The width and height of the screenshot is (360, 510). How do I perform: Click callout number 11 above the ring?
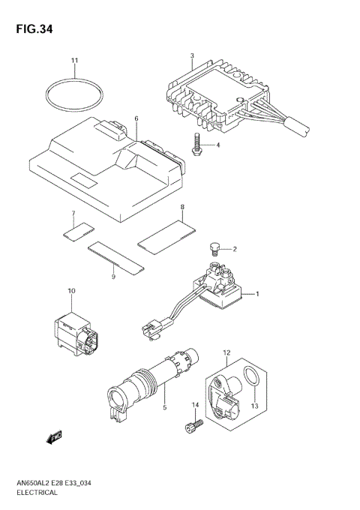coord(74,60)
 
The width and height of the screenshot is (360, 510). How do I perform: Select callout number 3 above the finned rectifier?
coord(192,56)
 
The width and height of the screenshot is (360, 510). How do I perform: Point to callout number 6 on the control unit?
coord(136,118)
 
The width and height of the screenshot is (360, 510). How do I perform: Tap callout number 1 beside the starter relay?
coord(257,293)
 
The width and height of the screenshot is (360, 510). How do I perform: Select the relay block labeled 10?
coord(76,332)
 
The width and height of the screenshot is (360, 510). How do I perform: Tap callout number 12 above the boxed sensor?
coord(226,352)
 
